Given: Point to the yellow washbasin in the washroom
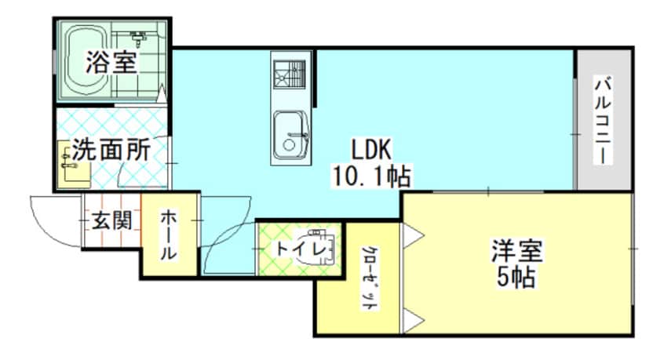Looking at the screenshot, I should coord(67,162).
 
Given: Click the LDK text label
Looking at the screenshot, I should coord(371,148).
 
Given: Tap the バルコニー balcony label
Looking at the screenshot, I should coord(603,119).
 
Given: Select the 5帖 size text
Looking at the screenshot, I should coord(517,276).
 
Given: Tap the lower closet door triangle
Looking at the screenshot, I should coord(413,319).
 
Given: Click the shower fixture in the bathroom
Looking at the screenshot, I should coord(140,36).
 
